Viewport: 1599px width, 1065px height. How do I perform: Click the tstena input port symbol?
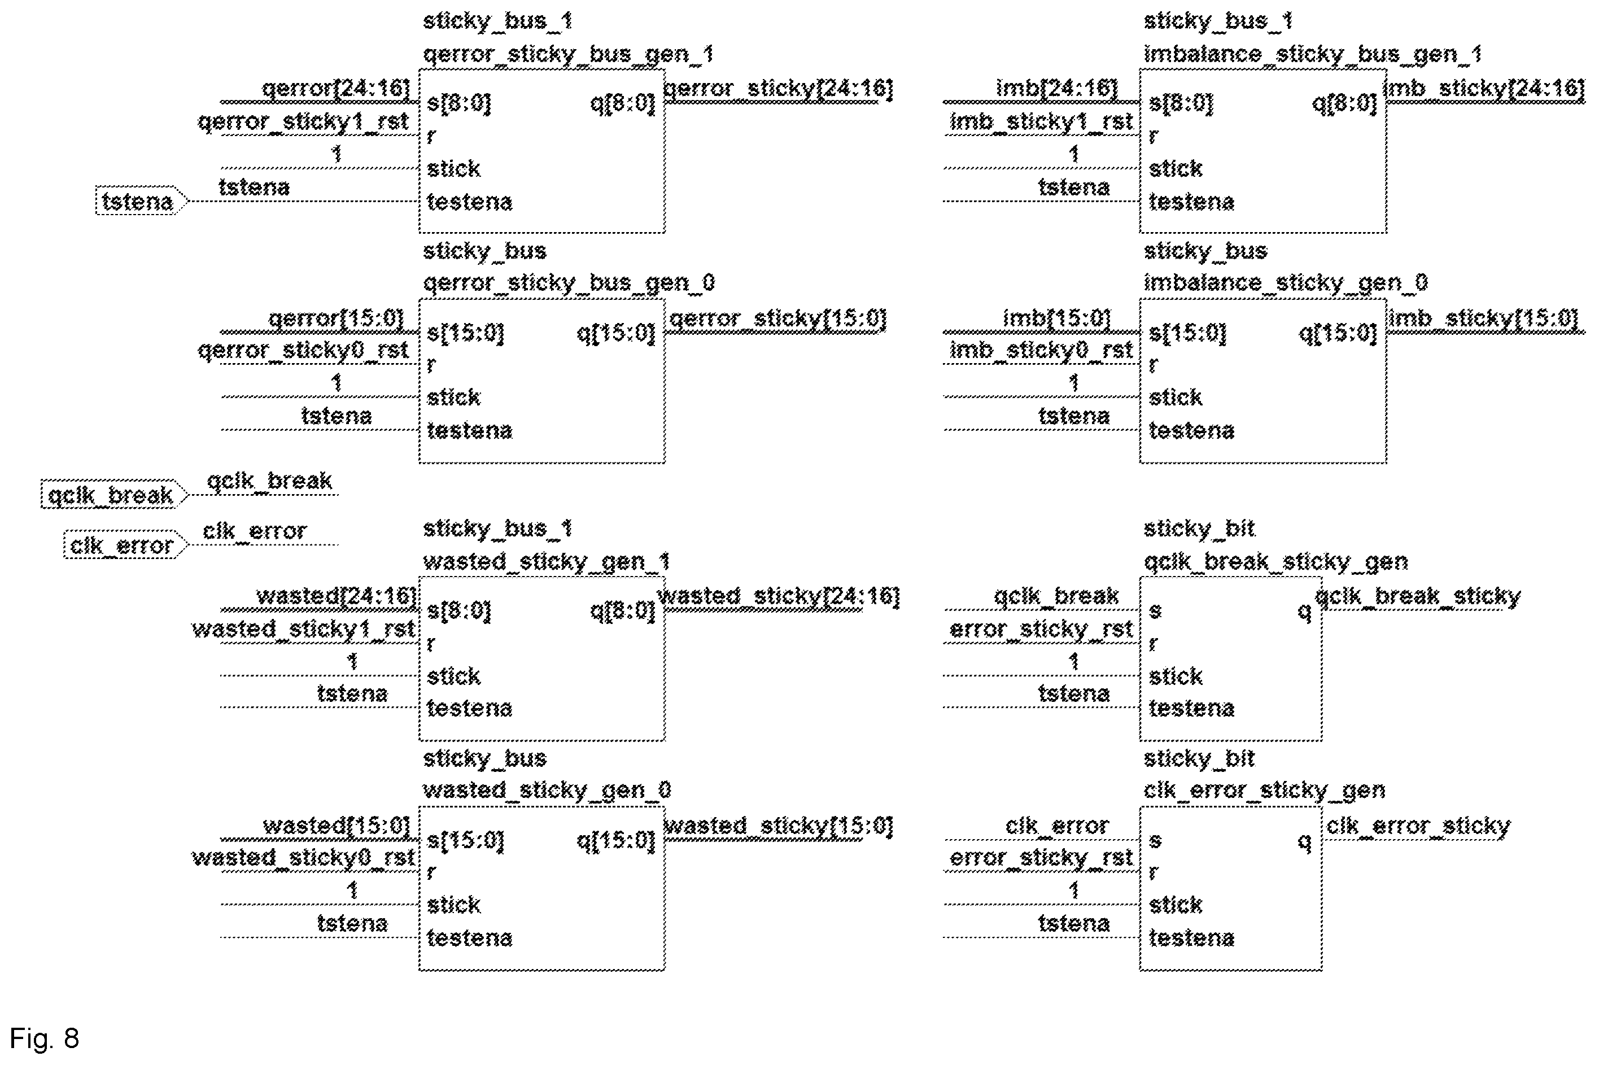click(x=141, y=201)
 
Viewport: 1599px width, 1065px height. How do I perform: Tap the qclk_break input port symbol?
click(x=114, y=495)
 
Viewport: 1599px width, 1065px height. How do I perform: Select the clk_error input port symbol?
click(x=125, y=545)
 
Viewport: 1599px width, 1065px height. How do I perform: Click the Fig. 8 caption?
click(x=45, y=1038)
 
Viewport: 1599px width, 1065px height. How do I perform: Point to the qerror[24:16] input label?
click(x=336, y=88)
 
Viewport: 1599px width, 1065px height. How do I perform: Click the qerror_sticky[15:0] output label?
click(x=778, y=318)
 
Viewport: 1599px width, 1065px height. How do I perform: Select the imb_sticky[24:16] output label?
click(x=1484, y=88)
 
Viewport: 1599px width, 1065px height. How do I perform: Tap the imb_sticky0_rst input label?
click(x=1041, y=350)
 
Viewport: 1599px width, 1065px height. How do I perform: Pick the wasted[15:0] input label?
click(x=337, y=825)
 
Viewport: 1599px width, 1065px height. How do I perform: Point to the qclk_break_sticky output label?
click(x=1418, y=596)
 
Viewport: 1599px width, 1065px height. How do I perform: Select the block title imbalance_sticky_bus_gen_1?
click(x=1313, y=54)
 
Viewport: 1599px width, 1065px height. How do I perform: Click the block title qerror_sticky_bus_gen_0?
click(x=569, y=282)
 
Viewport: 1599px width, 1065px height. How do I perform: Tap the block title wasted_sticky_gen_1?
click(x=547, y=561)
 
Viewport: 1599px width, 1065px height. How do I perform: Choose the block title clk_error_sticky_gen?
click(x=1264, y=790)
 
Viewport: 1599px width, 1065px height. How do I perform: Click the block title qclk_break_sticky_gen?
click(x=1276, y=562)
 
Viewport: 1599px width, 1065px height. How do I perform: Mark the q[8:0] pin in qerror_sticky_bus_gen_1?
click(x=623, y=103)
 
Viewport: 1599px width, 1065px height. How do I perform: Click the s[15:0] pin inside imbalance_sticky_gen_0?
click(x=1187, y=333)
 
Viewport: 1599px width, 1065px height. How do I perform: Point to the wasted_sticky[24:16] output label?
click(x=778, y=596)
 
